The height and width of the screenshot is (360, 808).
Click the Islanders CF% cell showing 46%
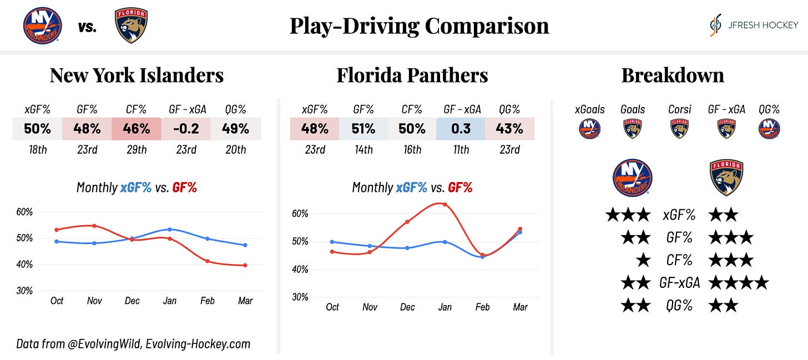click(x=137, y=129)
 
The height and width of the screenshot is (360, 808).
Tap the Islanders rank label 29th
click(x=137, y=150)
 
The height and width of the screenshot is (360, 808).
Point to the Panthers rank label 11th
click(x=461, y=150)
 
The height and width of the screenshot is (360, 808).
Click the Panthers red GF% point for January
click(x=445, y=204)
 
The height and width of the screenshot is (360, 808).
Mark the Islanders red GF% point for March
click(x=245, y=266)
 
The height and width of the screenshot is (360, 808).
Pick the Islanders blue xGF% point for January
click(x=169, y=229)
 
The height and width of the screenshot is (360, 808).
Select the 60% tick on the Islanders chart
click(x=26, y=212)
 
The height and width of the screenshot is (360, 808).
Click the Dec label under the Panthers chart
click(x=407, y=307)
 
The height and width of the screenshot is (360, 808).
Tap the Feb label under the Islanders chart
click(x=207, y=301)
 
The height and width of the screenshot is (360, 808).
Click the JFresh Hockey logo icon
click(x=716, y=26)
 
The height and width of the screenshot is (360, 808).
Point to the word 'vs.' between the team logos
click(x=87, y=27)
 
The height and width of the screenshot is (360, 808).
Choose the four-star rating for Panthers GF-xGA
click(x=739, y=283)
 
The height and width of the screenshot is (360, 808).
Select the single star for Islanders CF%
click(x=643, y=260)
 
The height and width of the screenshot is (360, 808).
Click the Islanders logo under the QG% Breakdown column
click(x=769, y=129)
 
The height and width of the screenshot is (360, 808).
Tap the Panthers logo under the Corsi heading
click(x=680, y=129)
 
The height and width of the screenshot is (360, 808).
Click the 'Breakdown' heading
click(x=673, y=75)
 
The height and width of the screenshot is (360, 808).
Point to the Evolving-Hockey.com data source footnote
click(x=133, y=344)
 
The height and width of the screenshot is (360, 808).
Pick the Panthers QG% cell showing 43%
click(x=509, y=129)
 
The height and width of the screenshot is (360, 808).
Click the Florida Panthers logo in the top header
click(x=131, y=26)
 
